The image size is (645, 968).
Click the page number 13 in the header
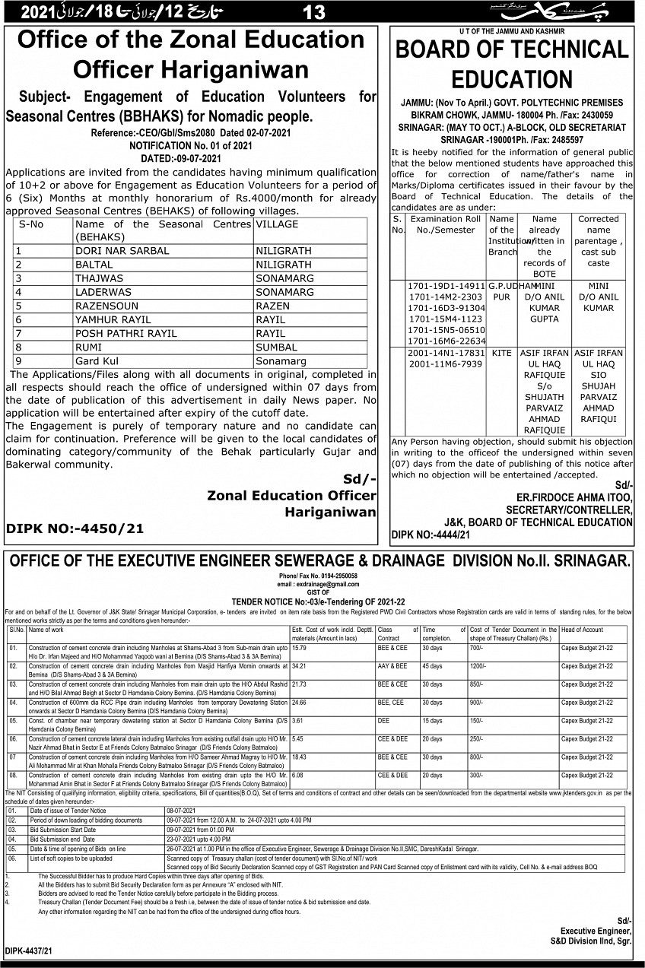click(313, 12)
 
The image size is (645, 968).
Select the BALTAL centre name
click(94, 265)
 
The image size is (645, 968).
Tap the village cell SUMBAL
click(278, 348)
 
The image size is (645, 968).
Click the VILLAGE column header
click(277, 224)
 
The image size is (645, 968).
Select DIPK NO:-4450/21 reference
click(75, 528)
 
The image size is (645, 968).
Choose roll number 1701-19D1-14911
click(446, 286)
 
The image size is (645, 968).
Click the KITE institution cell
click(501, 353)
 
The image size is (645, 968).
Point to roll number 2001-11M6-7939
click(445, 364)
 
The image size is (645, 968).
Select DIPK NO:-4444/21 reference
click(431, 535)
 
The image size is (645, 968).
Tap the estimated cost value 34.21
click(299, 666)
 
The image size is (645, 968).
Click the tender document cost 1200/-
click(478, 666)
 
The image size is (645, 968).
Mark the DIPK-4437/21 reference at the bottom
click(29, 951)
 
